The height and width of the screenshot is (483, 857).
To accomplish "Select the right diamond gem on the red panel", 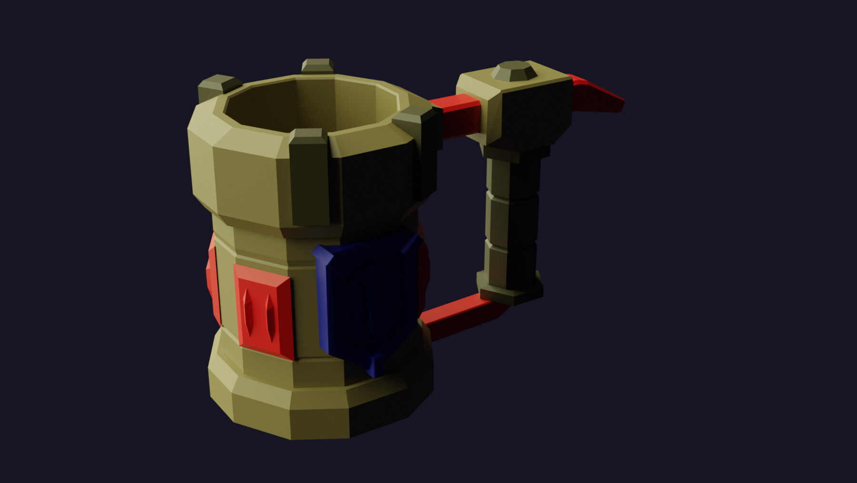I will [x=270, y=313].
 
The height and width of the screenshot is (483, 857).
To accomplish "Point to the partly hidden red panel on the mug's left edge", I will [x=213, y=281].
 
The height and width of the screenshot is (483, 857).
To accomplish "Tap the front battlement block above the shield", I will [x=309, y=176].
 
